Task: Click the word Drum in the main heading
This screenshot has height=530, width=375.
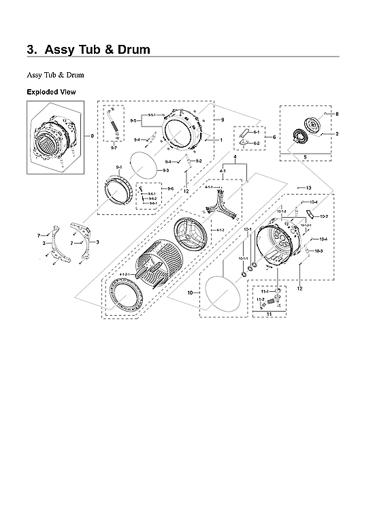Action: [127, 50]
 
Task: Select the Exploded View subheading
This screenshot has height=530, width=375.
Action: [51, 92]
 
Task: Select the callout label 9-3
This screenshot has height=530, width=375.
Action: [165, 170]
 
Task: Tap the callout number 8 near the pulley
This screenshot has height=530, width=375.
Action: [336, 114]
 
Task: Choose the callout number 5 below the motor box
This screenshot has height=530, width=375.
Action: [304, 156]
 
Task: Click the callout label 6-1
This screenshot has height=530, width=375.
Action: [257, 132]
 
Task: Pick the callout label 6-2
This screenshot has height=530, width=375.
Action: [257, 144]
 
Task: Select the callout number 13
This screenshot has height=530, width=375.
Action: [308, 187]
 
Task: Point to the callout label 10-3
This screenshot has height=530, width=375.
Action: [319, 251]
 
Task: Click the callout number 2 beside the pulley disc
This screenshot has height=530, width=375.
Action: [336, 134]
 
